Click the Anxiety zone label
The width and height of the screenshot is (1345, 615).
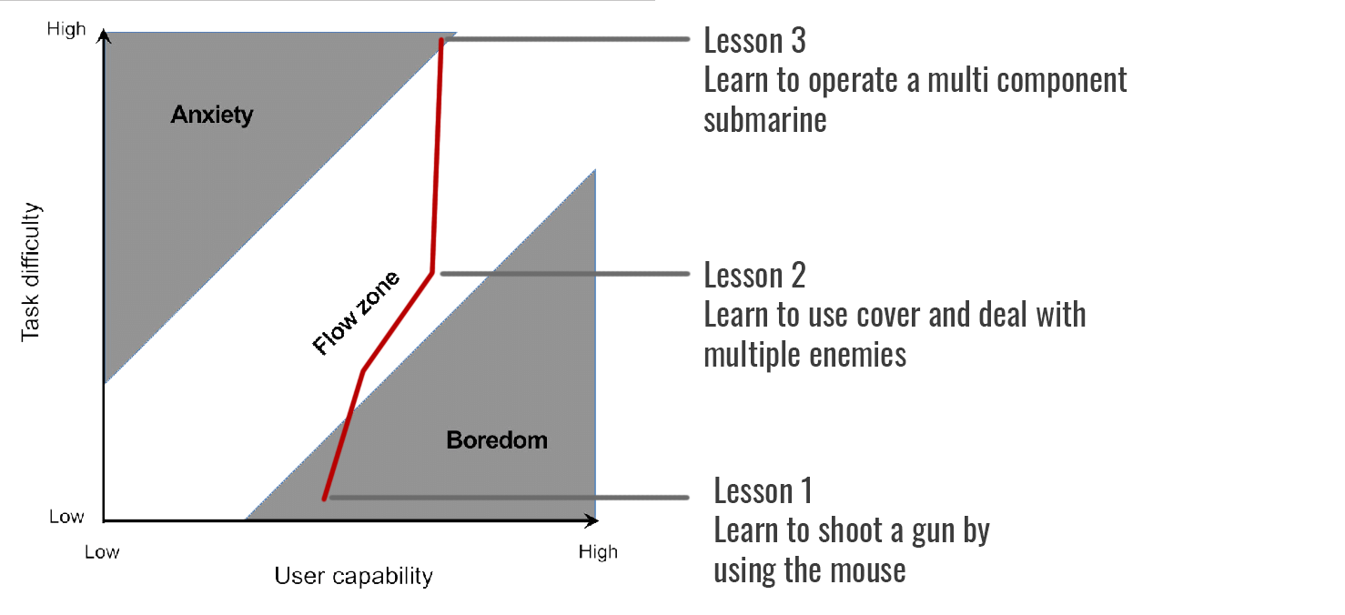tap(212, 116)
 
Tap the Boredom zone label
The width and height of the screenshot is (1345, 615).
tap(497, 440)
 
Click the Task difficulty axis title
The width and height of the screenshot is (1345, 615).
tap(31, 272)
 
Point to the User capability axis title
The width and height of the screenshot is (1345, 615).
tap(353, 576)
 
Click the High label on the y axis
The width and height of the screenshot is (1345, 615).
tap(66, 30)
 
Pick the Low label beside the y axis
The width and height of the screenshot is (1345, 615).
tap(66, 517)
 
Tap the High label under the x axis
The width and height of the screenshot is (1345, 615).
tap(598, 551)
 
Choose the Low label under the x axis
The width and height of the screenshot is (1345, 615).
tap(102, 551)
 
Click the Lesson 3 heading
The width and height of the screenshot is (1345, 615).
tap(754, 41)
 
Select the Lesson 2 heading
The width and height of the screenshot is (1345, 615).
tap(754, 275)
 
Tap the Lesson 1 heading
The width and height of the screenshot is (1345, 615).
tap(763, 491)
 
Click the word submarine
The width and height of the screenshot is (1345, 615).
tap(764, 119)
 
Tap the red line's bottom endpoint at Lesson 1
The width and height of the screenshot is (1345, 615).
tap(324, 498)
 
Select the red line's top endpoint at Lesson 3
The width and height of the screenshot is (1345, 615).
tap(441, 40)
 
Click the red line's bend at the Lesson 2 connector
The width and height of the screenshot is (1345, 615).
tap(432, 272)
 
